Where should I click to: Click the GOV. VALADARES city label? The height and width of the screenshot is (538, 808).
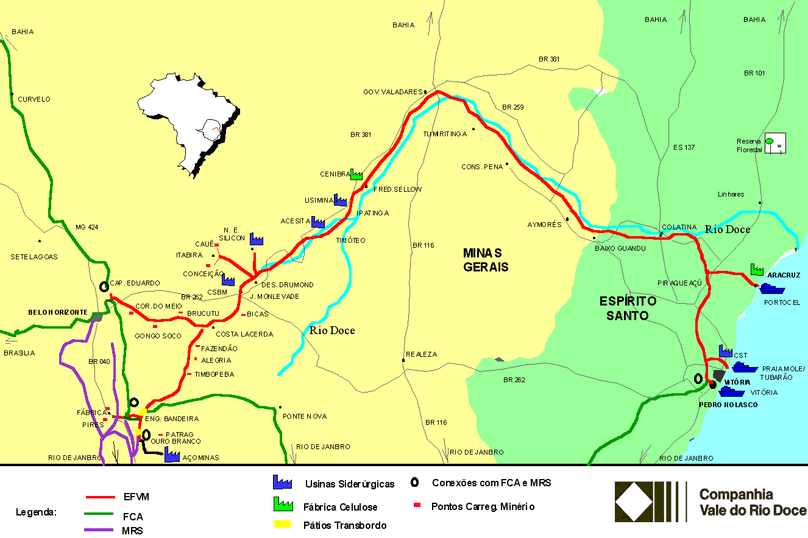[x=392, y=92]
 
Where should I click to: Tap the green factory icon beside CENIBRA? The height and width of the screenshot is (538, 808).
[x=356, y=175]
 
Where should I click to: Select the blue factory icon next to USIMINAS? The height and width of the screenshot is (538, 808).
[x=340, y=200]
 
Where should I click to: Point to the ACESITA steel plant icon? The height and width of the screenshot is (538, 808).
[x=317, y=222]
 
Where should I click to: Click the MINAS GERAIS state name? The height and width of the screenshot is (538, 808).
[x=485, y=259]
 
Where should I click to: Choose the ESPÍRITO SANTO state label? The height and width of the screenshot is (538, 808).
[x=628, y=308]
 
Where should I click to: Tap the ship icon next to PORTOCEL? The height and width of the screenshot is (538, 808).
[x=771, y=288]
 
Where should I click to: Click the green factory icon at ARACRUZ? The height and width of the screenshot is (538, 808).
[x=757, y=269]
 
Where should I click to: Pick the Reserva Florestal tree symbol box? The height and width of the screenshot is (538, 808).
[x=775, y=143]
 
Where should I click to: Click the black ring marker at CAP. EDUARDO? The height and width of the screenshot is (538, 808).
[x=104, y=285]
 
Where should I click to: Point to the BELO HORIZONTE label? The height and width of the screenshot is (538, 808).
[x=58, y=312]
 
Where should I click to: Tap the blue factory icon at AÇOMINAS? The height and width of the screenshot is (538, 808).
[x=172, y=454]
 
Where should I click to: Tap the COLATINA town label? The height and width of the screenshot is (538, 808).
[x=678, y=227]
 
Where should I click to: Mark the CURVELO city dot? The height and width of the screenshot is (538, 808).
[x=12, y=94]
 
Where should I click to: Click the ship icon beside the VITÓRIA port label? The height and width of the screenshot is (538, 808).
[x=731, y=392]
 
